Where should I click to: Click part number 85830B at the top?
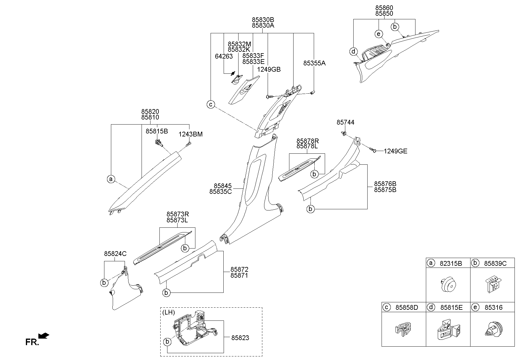click(263, 19)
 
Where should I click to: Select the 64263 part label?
click(224, 56)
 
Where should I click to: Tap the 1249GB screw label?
click(269, 70)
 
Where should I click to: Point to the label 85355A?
click(314, 63)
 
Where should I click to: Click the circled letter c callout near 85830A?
click(211, 104)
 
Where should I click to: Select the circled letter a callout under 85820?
click(111, 179)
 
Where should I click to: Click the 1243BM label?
click(190, 134)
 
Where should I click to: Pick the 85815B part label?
click(157, 131)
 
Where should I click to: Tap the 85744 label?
click(345, 122)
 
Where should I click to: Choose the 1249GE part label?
click(396, 151)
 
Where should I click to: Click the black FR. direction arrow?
click(44, 336)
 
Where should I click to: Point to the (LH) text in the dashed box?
click(169, 312)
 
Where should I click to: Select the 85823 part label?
click(240, 338)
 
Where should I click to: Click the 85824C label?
click(115, 254)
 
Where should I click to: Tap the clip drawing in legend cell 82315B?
click(448, 285)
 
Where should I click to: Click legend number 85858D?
click(407, 307)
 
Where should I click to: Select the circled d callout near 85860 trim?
click(353, 52)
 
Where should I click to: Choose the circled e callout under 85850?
click(378, 34)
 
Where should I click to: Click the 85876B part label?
click(385, 184)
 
